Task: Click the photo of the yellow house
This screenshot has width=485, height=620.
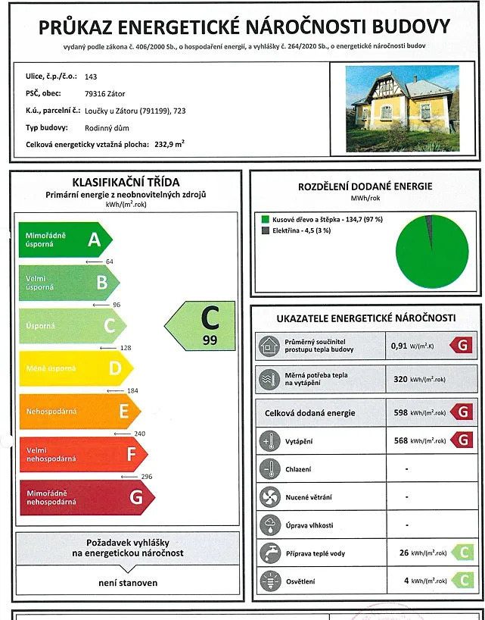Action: click(403, 108)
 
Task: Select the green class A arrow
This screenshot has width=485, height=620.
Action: click(64, 240)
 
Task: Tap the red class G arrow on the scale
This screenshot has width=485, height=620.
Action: click(85, 497)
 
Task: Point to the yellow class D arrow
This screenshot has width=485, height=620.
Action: click(75, 369)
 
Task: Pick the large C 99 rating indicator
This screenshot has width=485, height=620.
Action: click(203, 326)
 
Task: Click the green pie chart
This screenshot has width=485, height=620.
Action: click(432, 251)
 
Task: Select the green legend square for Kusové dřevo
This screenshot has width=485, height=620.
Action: click(265, 220)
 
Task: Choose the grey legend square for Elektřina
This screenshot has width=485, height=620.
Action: click(265, 230)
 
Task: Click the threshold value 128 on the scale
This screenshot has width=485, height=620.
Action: click(126, 348)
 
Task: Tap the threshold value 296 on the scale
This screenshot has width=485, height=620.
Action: click(147, 477)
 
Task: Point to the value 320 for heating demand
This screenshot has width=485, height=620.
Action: click(400, 378)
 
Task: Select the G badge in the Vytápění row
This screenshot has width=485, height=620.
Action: click(461, 440)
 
